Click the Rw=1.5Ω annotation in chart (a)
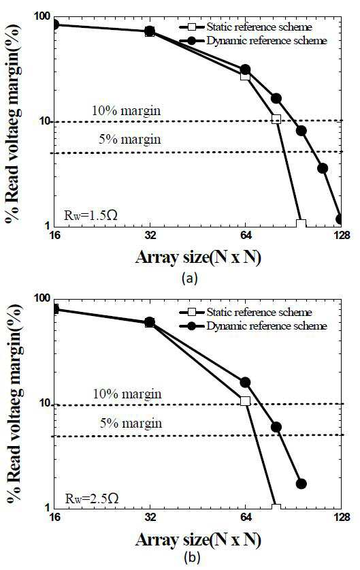[91, 215]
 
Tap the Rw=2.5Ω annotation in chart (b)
[92, 498]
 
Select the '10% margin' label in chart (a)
[126, 110]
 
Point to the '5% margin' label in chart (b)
[131, 423]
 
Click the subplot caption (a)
[190, 278]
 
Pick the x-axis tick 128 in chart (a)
[342, 235]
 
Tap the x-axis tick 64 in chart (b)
[246, 517]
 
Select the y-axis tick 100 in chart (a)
[42, 16]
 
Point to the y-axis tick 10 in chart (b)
[44, 405]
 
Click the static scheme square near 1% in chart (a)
[301, 223]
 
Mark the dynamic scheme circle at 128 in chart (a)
[340, 219]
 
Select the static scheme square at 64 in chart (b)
[245, 401]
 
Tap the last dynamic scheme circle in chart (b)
[301, 484]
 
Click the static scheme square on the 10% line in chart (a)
[276, 119]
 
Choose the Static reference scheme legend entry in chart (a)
[246, 27]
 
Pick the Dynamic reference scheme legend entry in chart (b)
[253, 326]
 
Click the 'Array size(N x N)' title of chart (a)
[198, 257]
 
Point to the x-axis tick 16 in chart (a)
[54, 235]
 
